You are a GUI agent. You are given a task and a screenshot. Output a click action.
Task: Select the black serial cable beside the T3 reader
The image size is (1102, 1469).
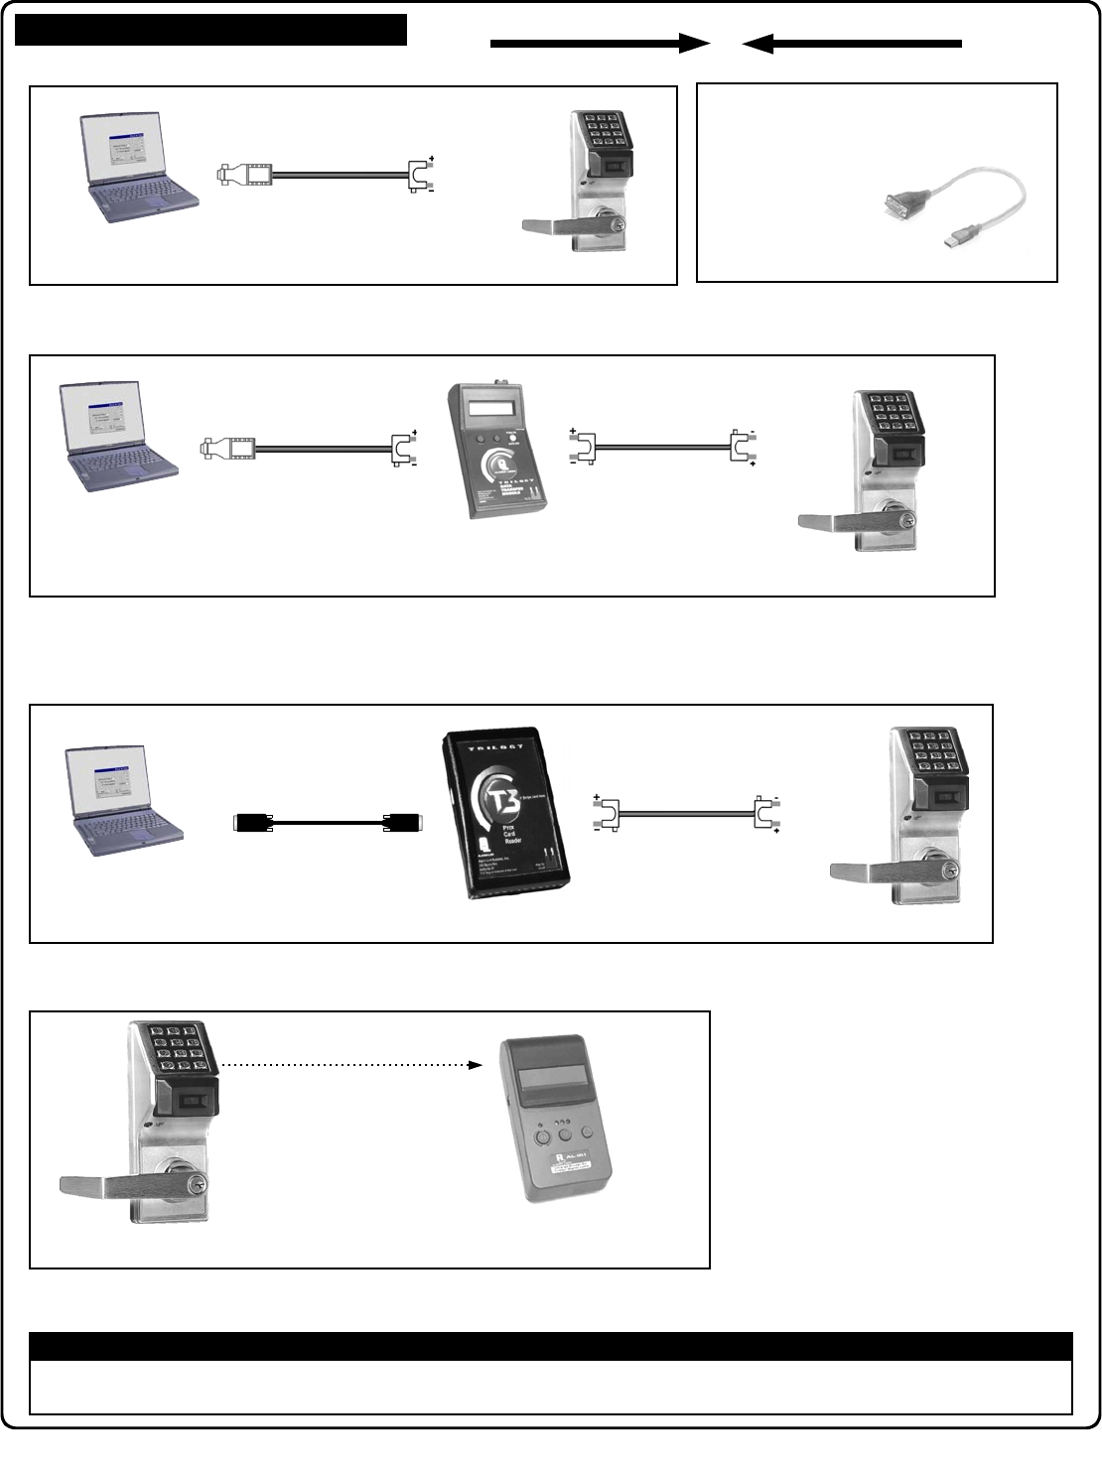(x=328, y=822)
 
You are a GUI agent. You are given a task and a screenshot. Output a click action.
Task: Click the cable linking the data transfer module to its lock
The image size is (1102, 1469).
(x=662, y=448)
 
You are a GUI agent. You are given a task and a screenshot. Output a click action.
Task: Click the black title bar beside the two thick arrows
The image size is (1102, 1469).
(x=210, y=30)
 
